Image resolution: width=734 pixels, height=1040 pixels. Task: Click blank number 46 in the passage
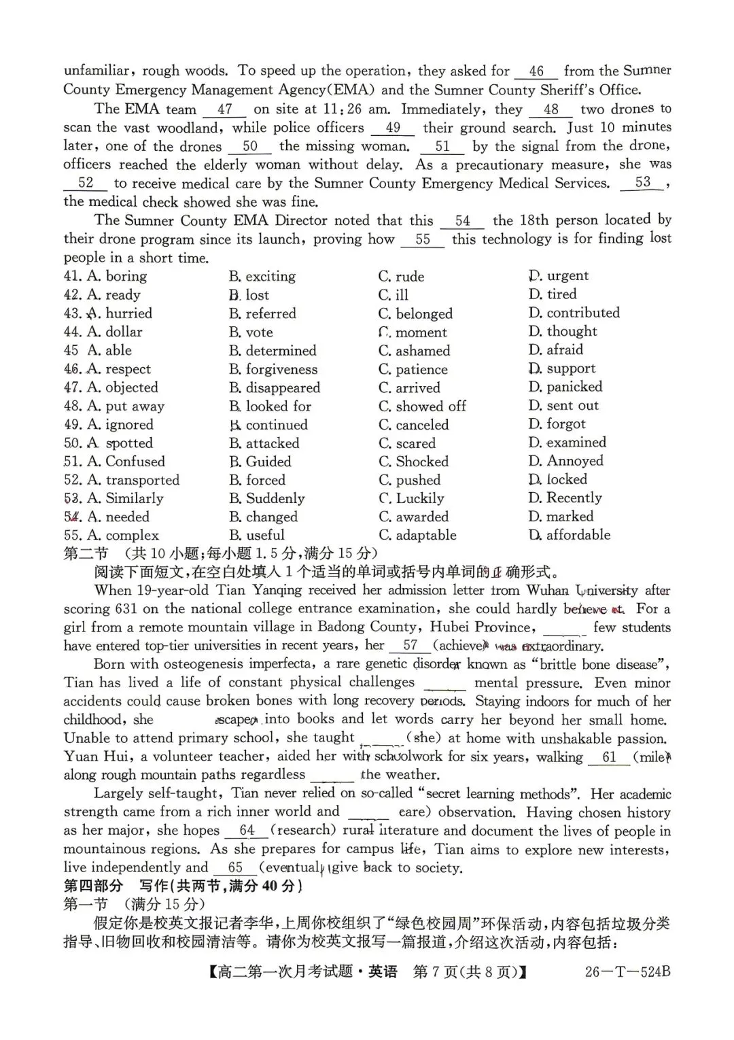click(536, 71)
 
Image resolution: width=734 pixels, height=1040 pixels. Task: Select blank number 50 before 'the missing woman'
click(249, 146)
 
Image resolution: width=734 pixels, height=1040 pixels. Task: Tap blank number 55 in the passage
click(423, 239)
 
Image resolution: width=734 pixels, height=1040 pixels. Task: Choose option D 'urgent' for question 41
click(559, 275)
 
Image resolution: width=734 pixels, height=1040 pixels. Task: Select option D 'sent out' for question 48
click(563, 406)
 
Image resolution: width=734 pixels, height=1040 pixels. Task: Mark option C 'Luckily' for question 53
click(411, 498)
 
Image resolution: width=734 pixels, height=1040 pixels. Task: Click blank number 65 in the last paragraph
click(235, 868)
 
